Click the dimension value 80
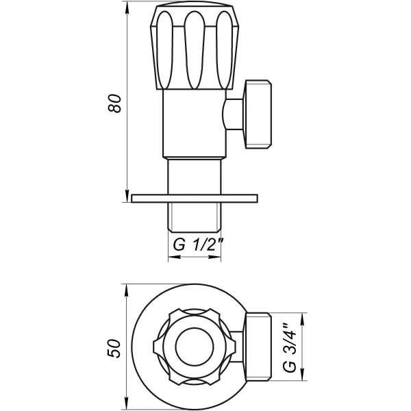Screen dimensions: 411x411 116,103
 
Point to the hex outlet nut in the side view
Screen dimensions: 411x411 258,114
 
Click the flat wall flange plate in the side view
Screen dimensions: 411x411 195,199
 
